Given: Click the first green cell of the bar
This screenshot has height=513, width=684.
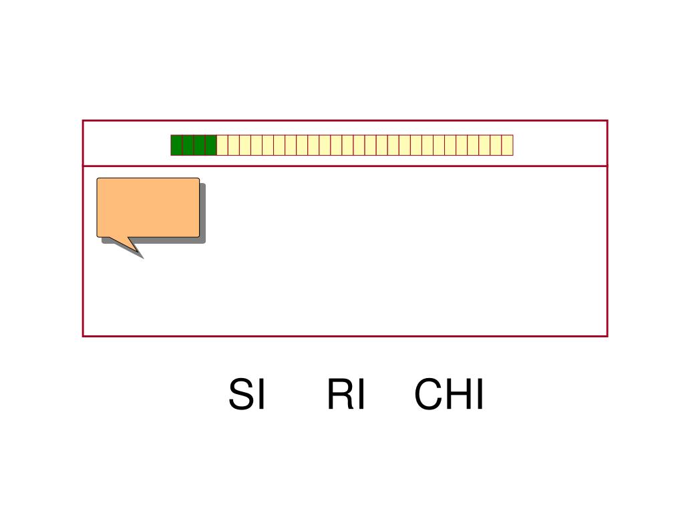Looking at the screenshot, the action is [176, 145].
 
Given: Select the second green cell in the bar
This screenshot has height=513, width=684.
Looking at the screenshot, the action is [188, 145].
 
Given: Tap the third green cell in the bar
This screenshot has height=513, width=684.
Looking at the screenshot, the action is [199, 145].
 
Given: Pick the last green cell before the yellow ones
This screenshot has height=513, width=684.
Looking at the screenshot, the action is [210, 145].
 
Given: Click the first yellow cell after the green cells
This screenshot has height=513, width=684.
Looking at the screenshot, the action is [222, 145].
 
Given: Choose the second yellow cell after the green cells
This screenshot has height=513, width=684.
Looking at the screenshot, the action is [234, 145].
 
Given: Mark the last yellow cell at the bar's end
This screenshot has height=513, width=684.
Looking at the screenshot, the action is [507, 145].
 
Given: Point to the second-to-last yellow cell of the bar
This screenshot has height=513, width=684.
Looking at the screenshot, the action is [496, 145].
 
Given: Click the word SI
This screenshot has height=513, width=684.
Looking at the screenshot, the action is [246, 395].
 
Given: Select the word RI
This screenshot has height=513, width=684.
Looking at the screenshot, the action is [345, 395].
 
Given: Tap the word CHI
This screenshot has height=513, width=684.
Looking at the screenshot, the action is [448, 395].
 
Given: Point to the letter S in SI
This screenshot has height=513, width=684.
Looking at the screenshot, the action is [241, 395].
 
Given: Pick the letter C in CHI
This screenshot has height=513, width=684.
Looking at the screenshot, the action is [429, 395].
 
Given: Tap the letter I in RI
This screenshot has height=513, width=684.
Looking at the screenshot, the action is [360, 395].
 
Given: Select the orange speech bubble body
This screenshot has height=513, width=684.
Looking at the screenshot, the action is [148, 207].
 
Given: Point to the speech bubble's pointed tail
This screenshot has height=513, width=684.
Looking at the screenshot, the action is [133, 247].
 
